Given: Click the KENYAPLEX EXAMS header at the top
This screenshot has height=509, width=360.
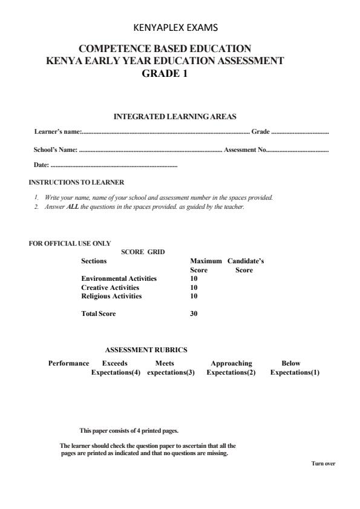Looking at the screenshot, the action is click(x=179, y=27).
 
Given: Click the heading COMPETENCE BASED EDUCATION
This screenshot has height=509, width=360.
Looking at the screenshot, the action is click(x=165, y=48).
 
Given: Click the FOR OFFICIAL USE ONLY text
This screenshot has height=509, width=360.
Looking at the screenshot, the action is click(x=70, y=243).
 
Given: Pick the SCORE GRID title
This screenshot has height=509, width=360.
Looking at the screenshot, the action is click(x=143, y=252).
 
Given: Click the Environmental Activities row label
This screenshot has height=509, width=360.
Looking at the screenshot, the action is click(x=119, y=278).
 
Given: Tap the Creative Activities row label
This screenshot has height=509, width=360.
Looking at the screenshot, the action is click(x=110, y=287).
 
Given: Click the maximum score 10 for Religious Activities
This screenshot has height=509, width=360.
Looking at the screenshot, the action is click(x=194, y=297).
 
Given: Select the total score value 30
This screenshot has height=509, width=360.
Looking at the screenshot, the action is click(x=194, y=314).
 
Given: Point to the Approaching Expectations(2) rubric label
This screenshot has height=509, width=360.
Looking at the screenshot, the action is click(x=231, y=368).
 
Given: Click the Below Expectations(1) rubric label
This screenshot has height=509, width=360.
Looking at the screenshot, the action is click(x=295, y=368).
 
